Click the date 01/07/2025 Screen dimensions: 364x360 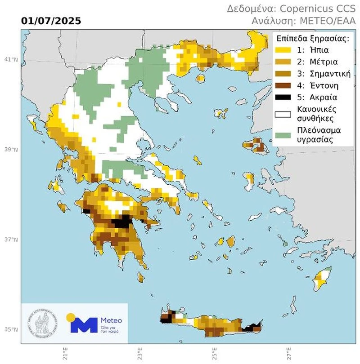click(51, 21)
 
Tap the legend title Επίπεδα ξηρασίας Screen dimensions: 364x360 click(313, 38)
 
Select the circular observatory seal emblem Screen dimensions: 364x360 click(42, 323)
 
